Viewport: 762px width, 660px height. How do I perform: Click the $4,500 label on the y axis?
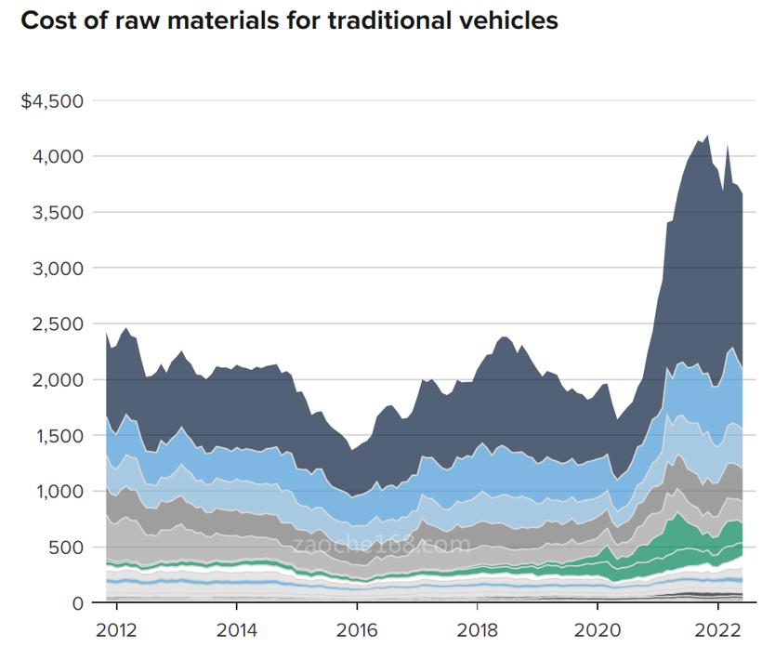pos(52,100)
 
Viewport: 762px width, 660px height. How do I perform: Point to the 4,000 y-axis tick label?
pos(59,156)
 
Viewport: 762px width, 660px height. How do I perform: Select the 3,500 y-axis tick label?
pos(59,212)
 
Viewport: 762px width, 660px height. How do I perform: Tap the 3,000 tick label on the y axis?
pos(59,268)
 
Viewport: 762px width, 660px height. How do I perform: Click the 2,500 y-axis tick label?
pos(59,323)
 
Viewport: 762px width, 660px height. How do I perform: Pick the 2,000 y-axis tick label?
pos(59,379)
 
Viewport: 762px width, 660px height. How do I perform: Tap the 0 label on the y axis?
pos(78,602)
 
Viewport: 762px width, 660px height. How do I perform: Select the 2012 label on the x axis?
pos(116,628)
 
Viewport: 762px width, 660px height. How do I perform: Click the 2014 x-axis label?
pos(236,628)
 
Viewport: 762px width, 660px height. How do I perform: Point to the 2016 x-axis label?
pos(356,628)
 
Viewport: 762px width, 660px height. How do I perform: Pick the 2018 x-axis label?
pos(477,628)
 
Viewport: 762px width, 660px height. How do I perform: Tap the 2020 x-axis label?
pos(597,628)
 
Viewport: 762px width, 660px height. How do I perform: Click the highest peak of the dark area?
pos(708,137)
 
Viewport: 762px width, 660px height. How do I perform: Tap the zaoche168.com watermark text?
pos(381,545)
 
